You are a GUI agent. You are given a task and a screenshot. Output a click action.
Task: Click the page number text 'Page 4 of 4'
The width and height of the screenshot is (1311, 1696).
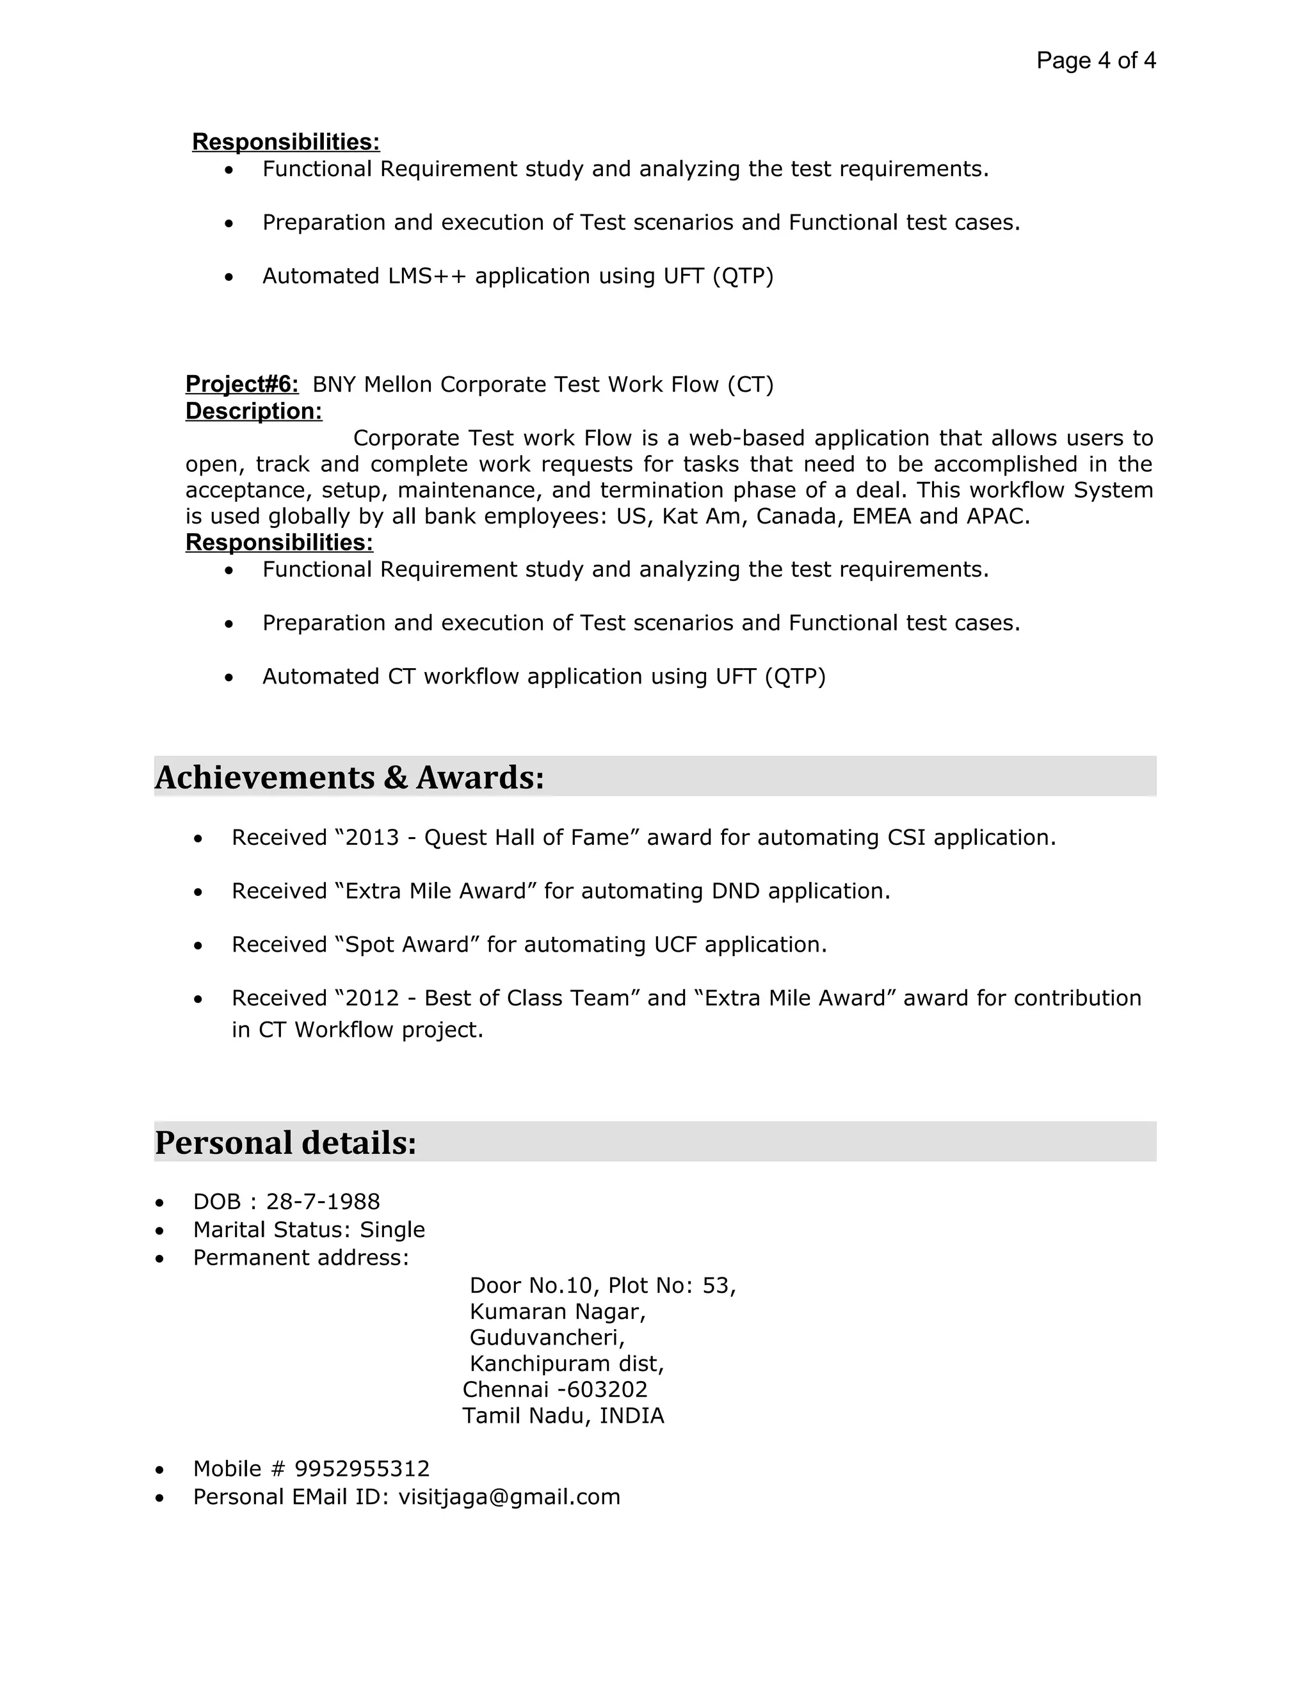1095,61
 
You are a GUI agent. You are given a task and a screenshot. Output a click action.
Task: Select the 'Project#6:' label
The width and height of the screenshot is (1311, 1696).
241,383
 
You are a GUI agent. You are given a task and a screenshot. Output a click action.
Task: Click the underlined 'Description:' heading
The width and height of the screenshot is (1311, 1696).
253,411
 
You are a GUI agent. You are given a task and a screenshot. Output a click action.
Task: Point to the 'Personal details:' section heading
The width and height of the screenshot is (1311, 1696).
286,1142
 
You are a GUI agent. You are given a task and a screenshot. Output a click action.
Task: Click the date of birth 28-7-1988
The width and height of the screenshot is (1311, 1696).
323,1201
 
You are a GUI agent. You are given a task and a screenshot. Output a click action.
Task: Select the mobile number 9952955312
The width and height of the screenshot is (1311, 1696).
362,1468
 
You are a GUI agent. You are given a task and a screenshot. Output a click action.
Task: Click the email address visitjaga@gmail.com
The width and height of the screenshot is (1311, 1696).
510,1496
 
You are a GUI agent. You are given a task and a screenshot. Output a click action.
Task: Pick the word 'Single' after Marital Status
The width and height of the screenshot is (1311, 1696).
392,1229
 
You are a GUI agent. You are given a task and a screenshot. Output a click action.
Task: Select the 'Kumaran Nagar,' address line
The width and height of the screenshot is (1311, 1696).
558,1311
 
